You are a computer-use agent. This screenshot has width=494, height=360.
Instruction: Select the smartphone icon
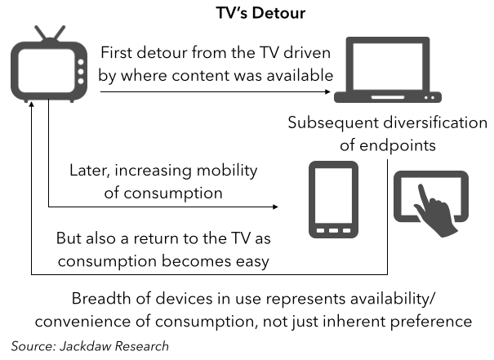[x=334, y=200]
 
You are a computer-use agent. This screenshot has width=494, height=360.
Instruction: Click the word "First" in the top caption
[x=120, y=54]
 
